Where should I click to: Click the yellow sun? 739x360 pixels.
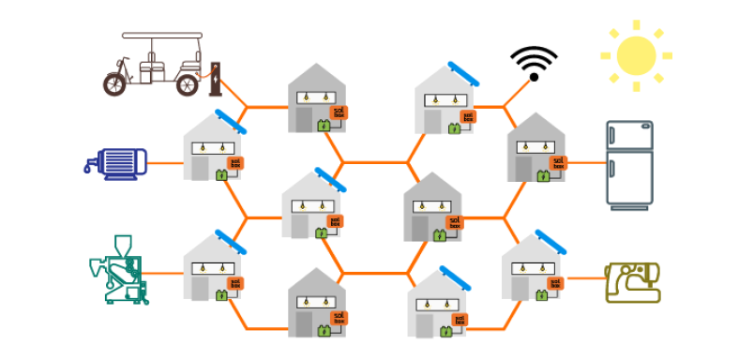click(x=636, y=55)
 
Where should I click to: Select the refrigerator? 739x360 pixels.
click(x=629, y=165)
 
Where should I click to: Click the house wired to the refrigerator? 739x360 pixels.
click(x=536, y=150)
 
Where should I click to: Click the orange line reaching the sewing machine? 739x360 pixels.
click(x=586, y=278)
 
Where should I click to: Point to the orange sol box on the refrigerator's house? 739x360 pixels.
click(x=557, y=162)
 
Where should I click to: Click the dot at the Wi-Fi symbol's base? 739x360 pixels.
click(x=534, y=77)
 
